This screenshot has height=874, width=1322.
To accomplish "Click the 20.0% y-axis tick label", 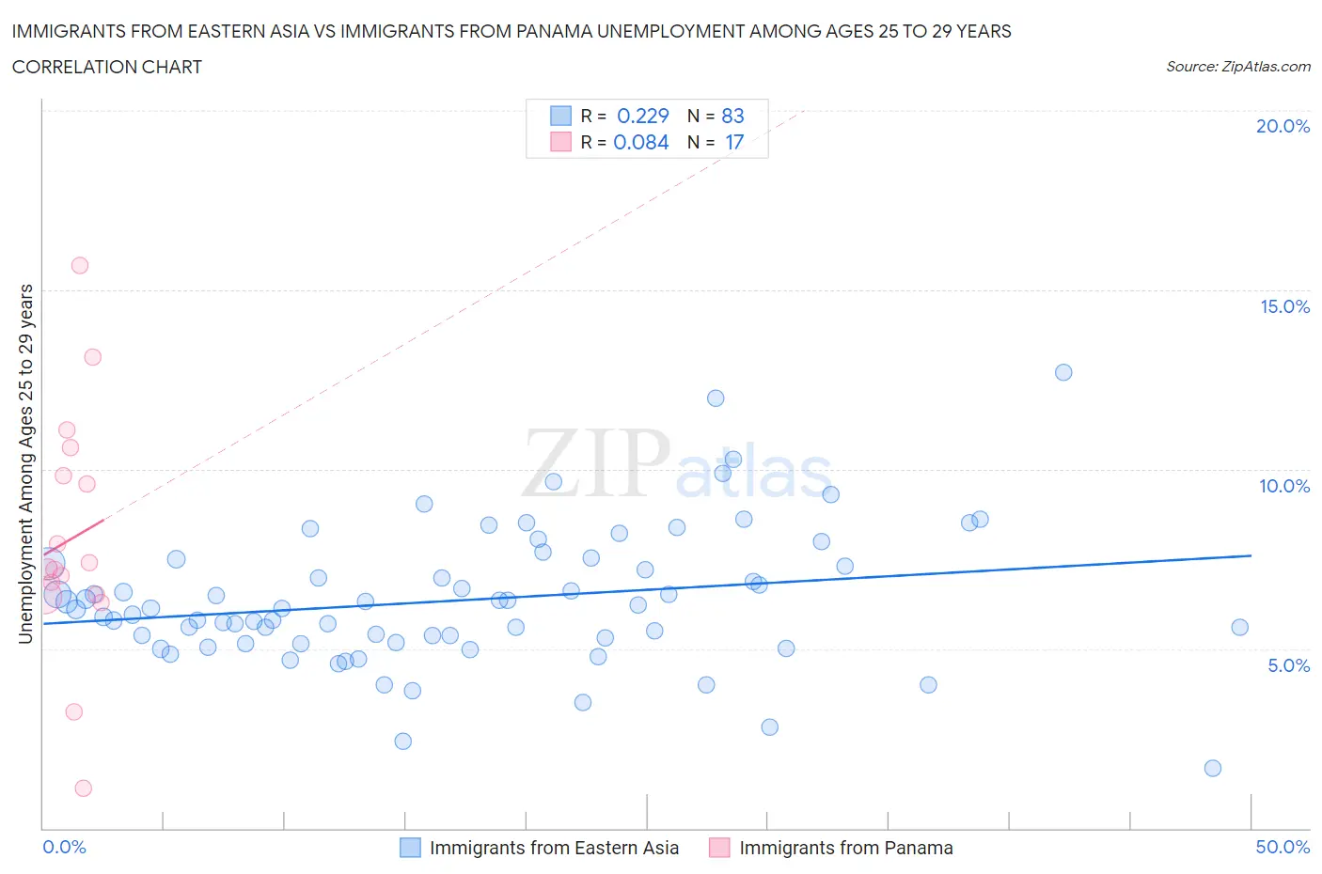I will [1283, 126].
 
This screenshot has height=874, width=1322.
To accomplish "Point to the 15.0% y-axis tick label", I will [1284, 306].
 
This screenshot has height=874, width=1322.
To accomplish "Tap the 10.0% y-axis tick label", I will [1284, 486].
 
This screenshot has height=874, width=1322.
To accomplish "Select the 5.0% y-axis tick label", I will [1288, 665].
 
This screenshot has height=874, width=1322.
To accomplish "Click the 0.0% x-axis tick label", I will [64, 847].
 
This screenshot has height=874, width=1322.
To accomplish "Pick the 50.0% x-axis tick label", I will [1283, 847].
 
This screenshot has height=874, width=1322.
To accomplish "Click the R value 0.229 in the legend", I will [642, 116].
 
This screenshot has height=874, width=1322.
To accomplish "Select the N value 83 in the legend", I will [732, 116].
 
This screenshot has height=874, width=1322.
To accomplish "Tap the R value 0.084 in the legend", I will [641, 142].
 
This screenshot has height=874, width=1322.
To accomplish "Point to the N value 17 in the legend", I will [734, 142].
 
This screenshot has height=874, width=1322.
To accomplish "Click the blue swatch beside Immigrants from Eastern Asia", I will [410, 848].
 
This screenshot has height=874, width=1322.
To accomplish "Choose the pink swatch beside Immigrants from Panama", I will [719, 848].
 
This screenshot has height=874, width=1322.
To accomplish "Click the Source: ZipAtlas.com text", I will [1237, 67].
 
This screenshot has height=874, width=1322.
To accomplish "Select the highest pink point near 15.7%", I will [80, 265].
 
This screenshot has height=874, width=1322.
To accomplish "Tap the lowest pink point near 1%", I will [84, 788].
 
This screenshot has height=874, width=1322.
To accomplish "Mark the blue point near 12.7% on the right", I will [1063, 372].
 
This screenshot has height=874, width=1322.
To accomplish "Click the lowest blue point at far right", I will [1213, 768].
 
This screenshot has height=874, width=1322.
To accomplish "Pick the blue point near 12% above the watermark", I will [716, 398].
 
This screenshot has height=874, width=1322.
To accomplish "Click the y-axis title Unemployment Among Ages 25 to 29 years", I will [26, 463].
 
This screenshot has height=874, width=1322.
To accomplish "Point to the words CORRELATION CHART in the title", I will [107, 67].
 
